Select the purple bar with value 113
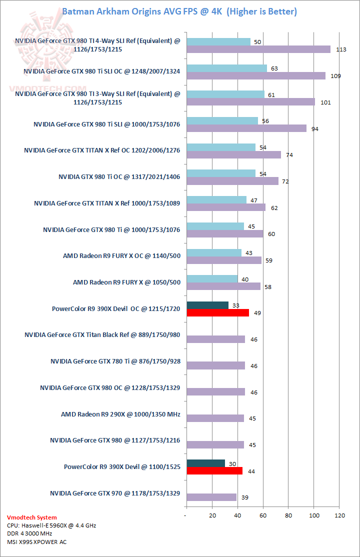coord(258,49)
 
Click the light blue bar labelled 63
coord(226,68)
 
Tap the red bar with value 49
coord(217,313)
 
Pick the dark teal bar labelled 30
coord(205,463)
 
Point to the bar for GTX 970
coord(211,497)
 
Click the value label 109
coord(336,76)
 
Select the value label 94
coord(315,129)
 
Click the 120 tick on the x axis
coord(340,515)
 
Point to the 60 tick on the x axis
coord(263,515)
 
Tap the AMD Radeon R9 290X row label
coord(120,414)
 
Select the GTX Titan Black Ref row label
coord(102,334)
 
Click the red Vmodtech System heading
coord(32,517)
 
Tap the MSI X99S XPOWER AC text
coord(37,541)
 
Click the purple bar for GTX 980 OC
coord(215,392)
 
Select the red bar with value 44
coord(214,471)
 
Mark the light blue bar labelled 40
coord(212,278)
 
